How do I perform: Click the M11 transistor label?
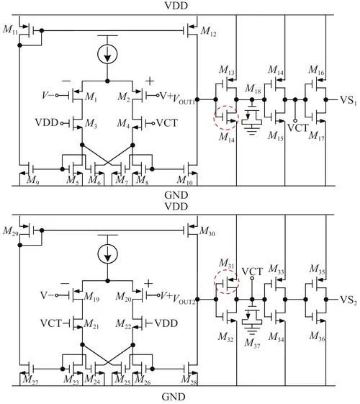click(10, 30)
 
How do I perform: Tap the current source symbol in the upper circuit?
click(107, 54)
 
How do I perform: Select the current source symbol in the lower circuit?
click(107, 253)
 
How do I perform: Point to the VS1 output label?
click(348, 101)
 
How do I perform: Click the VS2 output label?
click(348, 300)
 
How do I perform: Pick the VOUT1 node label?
click(184, 99)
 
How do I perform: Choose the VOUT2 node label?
click(184, 299)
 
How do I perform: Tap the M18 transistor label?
click(253, 89)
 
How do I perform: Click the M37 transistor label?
click(252, 344)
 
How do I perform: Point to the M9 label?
click(32, 180)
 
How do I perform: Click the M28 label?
click(189, 380)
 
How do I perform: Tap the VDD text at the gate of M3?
click(47, 122)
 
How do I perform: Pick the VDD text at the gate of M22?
click(166, 323)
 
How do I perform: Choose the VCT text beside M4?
click(167, 123)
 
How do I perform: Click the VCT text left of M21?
click(51, 323)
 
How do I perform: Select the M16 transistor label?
click(317, 70)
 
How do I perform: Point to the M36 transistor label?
click(318, 336)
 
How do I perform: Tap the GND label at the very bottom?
click(174, 397)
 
